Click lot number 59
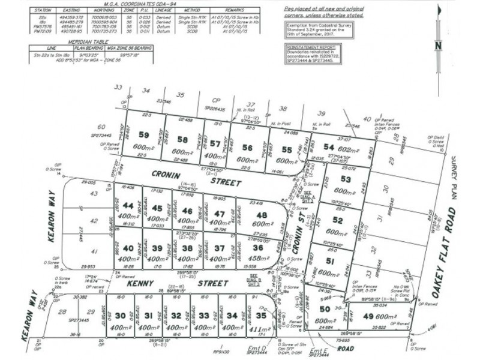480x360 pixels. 143,134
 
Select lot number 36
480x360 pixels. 258,248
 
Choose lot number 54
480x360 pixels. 328,148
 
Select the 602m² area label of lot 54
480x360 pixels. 346,148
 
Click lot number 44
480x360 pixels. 127,206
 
